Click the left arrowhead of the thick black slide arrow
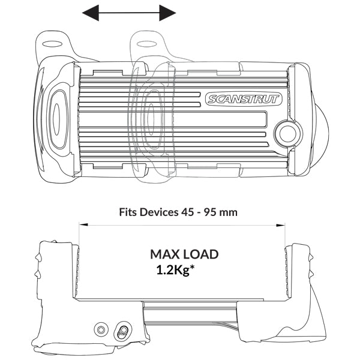click(x=90, y=12)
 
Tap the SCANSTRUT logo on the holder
click(x=242, y=99)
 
